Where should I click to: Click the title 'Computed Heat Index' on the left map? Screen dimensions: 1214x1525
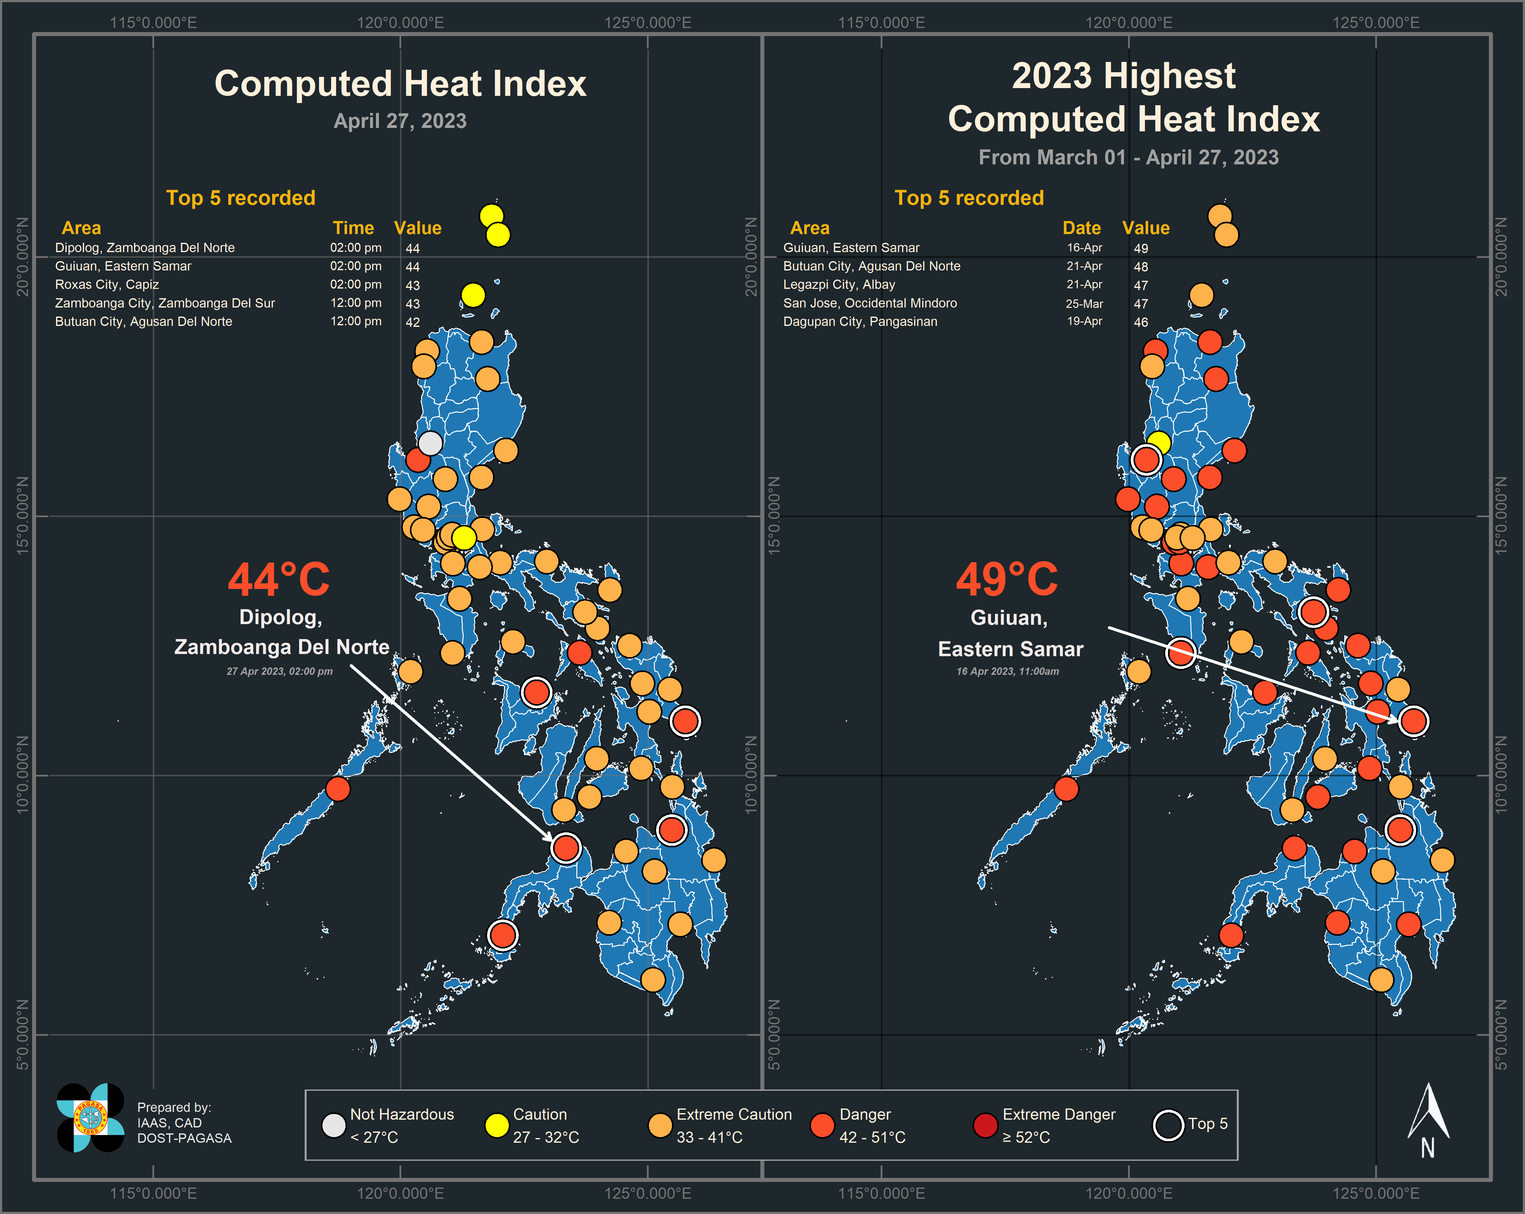tap(400, 83)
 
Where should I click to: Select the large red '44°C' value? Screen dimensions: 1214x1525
tap(279, 580)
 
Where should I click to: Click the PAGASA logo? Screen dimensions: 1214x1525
tap(91, 1118)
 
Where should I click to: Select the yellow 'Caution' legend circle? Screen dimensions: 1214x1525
tap(496, 1125)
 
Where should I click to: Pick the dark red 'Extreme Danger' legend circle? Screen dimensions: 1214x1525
tap(985, 1125)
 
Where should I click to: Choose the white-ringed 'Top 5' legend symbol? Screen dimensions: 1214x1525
tap(1168, 1125)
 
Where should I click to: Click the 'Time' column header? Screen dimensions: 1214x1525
tap(353, 228)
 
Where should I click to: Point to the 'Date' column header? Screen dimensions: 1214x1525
tap(1082, 228)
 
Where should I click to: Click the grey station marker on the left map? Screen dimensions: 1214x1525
tap(430, 444)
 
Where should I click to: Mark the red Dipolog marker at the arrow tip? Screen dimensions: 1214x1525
tap(566, 847)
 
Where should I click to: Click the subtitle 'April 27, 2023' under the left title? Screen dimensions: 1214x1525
tap(400, 121)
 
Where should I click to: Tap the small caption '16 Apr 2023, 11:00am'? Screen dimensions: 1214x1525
tap(1007, 671)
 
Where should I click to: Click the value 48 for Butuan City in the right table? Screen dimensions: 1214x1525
tap(1140, 267)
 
